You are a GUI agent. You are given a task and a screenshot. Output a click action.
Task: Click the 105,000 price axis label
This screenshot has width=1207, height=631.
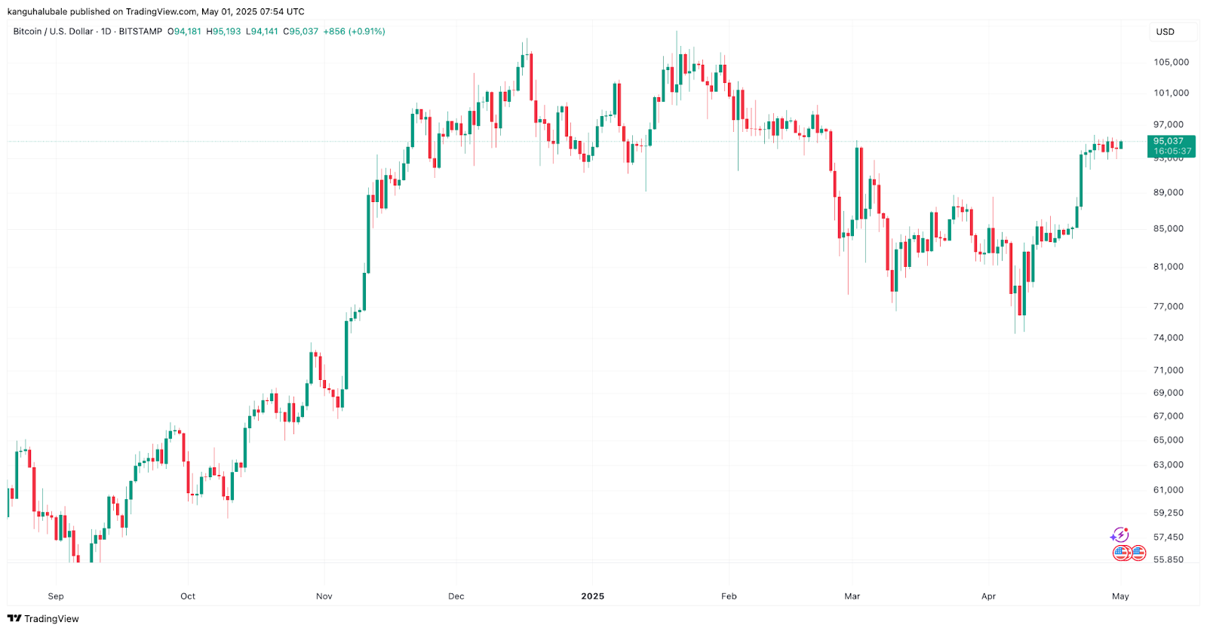tap(1171, 62)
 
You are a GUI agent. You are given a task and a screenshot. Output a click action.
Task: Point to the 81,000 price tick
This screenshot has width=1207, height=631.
tap(1169, 266)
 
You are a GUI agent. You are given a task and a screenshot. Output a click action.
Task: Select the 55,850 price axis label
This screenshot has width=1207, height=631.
tap(1169, 559)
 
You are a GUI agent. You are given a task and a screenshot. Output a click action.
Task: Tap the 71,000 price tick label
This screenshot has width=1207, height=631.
tap(1169, 369)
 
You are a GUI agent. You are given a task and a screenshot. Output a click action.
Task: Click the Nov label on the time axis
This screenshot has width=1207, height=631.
tap(324, 596)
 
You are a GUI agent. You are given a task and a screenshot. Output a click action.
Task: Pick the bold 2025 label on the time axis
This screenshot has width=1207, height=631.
tap(592, 596)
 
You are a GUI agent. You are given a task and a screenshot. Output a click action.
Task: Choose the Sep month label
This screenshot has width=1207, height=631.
tap(56, 596)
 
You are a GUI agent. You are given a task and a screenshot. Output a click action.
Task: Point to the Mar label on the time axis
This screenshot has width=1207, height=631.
tap(852, 596)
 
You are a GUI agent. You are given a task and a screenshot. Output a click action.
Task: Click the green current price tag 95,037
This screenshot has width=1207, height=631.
tap(1169, 141)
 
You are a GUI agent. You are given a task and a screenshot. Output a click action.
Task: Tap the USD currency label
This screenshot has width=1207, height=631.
tap(1166, 32)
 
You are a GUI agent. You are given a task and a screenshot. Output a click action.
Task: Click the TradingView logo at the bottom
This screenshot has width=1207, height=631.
tap(43, 618)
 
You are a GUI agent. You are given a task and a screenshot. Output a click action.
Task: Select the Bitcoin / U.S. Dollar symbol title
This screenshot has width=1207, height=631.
tap(53, 32)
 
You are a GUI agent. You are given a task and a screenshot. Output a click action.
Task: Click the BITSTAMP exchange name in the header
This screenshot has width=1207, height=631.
tap(140, 32)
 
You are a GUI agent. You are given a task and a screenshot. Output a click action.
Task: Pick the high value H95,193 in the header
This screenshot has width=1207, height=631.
tap(224, 32)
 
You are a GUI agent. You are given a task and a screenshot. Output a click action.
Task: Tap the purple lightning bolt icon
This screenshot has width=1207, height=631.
tap(1120, 535)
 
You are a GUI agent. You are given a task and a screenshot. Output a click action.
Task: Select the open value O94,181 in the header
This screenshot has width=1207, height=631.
tap(184, 32)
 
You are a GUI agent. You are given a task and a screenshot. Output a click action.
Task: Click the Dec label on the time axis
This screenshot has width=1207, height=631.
tap(456, 596)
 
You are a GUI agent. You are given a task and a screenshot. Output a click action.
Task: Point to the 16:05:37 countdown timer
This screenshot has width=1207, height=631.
tap(1172, 152)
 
